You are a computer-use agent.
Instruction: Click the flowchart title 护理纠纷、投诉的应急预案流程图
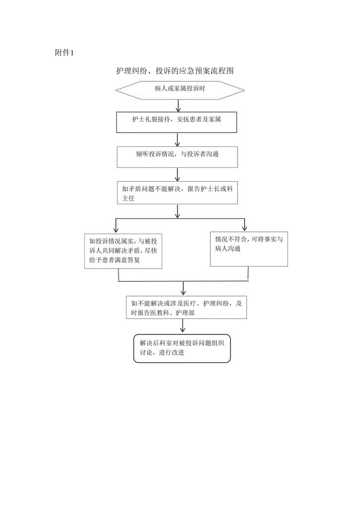pos(175,71)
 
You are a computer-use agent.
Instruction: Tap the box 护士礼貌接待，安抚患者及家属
pos(177,123)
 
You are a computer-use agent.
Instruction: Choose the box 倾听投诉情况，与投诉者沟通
pos(177,157)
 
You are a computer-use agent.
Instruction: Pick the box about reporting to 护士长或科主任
pos(177,192)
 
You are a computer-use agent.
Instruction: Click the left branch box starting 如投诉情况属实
pos(123,251)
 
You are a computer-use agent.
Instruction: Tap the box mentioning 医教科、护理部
pos(186,307)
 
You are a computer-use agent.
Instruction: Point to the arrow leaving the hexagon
pos(178,106)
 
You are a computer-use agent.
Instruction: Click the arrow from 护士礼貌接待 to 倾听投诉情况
pos(178,140)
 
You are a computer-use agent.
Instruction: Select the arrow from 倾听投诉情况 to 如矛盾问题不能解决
pos(178,174)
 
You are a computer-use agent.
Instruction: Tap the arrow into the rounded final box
pos(182,326)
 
